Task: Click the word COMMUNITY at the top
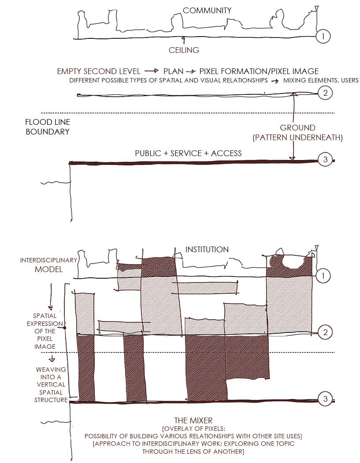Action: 207,10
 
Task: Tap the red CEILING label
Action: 184,50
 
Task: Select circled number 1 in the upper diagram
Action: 323,36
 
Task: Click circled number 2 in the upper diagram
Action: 325,93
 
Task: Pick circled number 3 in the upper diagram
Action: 325,160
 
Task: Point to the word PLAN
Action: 173,71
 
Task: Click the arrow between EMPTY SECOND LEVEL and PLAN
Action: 152,71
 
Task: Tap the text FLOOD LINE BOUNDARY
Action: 48,127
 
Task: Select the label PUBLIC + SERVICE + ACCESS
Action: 188,153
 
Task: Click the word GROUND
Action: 297,128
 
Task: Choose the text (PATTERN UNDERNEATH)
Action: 297,138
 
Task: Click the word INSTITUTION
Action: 207,250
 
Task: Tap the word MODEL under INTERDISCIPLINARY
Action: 48,269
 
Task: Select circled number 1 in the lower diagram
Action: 323,276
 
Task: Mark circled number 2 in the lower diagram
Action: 325,332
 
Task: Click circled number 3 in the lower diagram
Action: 325,400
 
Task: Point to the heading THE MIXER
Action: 193,421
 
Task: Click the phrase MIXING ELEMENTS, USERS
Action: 321,80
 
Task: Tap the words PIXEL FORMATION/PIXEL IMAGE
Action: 259,71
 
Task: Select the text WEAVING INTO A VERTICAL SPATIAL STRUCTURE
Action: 51,385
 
